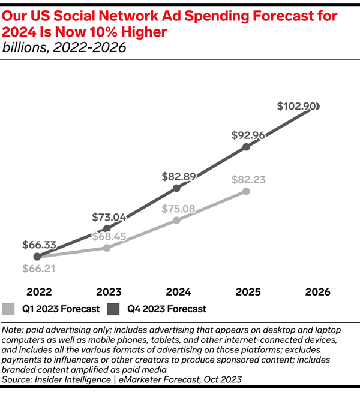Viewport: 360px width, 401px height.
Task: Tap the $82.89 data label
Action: tap(179, 176)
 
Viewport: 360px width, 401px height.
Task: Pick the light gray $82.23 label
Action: tap(248, 179)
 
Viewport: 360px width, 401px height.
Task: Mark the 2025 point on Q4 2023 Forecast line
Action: tap(246, 147)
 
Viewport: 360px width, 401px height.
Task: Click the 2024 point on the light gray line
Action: tap(176, 220)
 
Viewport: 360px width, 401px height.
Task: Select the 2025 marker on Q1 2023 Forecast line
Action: tap(246, 191)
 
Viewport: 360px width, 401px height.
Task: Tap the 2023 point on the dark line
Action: tap(107, 228)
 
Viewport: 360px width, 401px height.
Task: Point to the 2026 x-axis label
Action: tap(317, 292)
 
